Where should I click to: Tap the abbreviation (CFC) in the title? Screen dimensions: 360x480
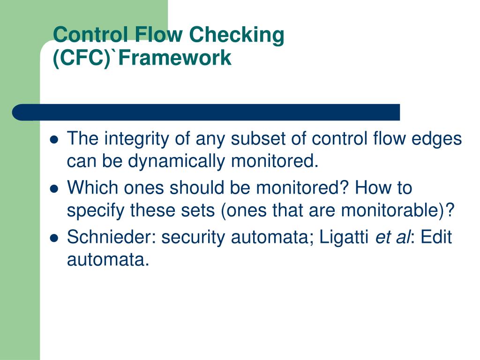tap(80, 58)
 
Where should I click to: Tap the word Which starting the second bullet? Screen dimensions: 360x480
tap(93, 188)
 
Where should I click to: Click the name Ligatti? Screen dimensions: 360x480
tap(344, 237)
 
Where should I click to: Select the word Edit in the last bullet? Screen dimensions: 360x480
tap(436, 237)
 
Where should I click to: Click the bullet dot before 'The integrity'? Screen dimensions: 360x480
tap(54, 140)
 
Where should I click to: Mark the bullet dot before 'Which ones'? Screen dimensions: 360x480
tap(54, 188)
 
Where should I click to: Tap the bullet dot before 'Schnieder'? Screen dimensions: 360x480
tap(54, 237)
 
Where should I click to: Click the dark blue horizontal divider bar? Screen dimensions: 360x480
tap(206, 112)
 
